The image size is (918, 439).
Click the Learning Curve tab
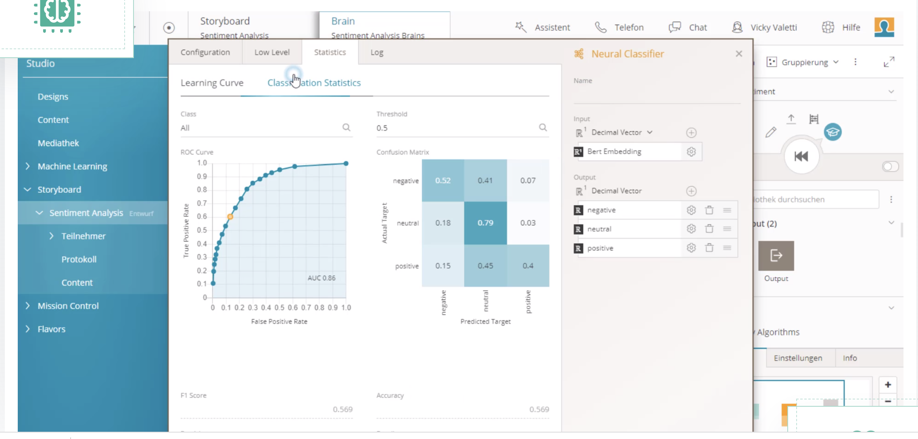coord(212,83)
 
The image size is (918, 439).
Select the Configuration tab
coord(205,52)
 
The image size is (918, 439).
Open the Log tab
coord(377,52)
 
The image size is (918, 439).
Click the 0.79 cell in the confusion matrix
coord(485,223)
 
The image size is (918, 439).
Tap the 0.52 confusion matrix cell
coord(442,180)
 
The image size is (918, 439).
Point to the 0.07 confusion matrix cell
coord(528,180)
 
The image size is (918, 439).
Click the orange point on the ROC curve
coord(230,217)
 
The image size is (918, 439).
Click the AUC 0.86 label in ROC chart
coord(321,278)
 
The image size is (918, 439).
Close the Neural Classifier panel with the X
coord(739,54)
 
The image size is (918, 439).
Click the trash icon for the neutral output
coord(709,229)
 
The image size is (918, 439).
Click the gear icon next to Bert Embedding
coord(691,152)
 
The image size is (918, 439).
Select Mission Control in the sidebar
coord(68,306)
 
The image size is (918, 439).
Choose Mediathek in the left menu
coord(58,143)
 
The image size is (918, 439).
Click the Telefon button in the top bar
coord(620,27)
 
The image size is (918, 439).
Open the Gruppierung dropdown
coord(804,62)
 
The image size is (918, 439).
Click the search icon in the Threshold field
coord(543,128)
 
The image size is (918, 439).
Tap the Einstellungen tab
coord(797,358)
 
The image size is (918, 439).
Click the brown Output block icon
coord(776,256)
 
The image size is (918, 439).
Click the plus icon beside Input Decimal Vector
coord(691,133)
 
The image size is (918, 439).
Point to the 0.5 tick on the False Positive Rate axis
coord(279,307)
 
